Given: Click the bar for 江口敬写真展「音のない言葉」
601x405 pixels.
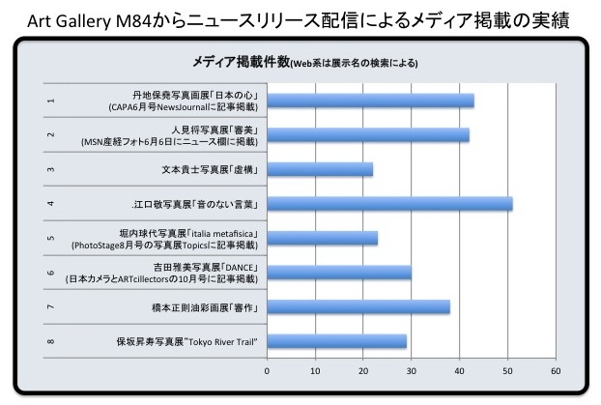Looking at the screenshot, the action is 389,204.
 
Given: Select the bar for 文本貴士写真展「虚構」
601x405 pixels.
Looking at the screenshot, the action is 320,169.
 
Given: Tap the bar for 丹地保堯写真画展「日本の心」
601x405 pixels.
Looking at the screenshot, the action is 371,101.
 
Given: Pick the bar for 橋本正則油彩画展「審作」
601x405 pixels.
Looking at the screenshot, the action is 358,307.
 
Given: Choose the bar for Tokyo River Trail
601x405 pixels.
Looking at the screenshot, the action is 337,341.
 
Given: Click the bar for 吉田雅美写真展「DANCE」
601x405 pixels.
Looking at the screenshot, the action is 339,273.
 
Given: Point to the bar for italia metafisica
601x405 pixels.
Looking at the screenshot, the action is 323,238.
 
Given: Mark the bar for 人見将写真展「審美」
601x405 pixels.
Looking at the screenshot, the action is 368,134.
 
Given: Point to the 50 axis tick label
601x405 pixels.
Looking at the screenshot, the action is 507,371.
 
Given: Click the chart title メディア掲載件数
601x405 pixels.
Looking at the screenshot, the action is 241,62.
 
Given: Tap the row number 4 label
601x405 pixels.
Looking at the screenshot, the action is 50,204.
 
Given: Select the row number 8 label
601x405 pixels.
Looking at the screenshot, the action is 50,341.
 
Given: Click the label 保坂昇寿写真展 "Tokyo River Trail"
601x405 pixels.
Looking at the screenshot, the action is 187,342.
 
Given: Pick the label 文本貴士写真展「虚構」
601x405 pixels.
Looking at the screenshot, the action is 210,169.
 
